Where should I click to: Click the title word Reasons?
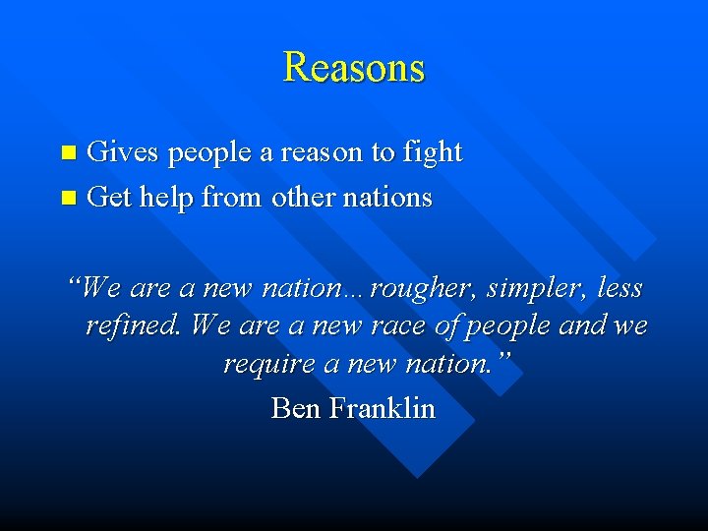tap(354, 67)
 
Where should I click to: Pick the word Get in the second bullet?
tap(109, 198)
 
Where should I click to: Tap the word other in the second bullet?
tap(303, 198)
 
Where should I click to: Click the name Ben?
tap(294, 407)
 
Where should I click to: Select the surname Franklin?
tap(383, 407)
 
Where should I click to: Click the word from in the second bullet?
tap(232, 198)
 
